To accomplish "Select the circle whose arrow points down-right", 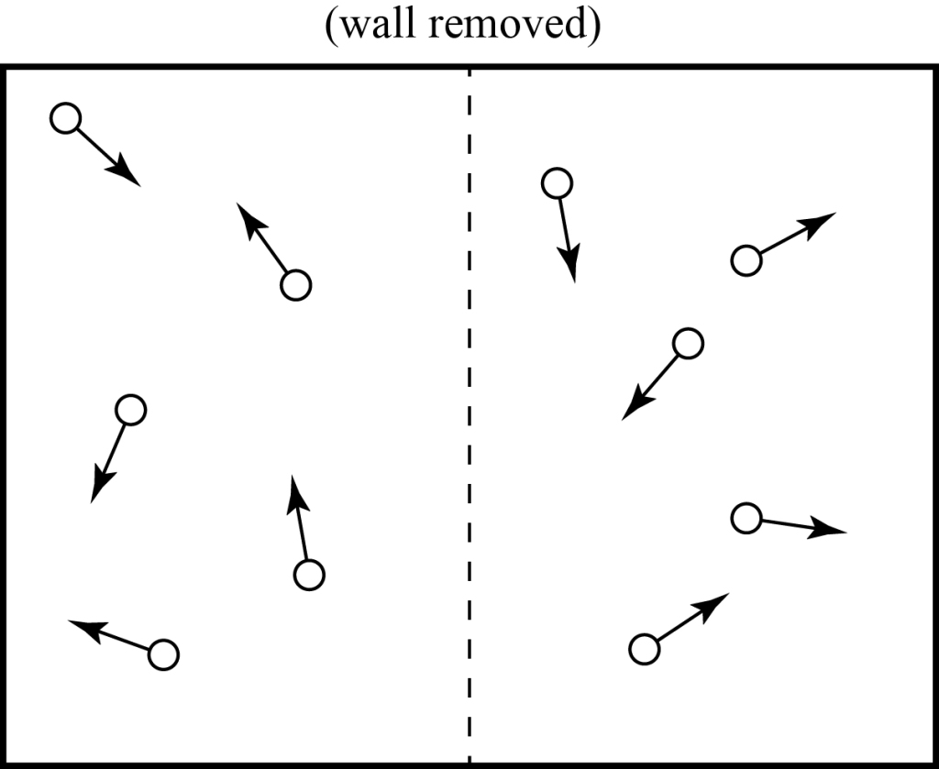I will click(65, 118).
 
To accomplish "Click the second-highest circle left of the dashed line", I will click(295, 285).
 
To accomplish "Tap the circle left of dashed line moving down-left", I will click(131, 409).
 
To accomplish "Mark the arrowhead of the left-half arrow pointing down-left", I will click(97, 490).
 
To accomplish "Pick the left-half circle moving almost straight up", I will click(309, 575).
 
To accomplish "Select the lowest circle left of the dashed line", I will click(163, 654).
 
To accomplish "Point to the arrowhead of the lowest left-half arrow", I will click(82, 627).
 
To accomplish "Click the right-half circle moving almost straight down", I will click(557, 183).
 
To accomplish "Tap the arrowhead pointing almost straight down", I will click(571, 269).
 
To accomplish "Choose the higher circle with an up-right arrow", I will click(746, 260).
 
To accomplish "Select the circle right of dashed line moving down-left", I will click(688, 343).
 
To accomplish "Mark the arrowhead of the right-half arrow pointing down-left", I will click(632, 410).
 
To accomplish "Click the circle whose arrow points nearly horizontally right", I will click(746, 518).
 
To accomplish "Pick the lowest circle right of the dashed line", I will click(645, 649).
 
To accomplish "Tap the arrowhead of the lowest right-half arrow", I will click(718, 601).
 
